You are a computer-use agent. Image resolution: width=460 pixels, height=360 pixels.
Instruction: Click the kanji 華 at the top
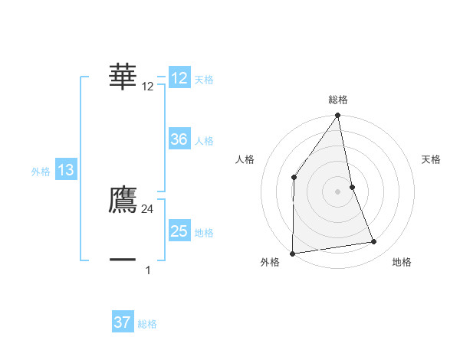click(123, 77)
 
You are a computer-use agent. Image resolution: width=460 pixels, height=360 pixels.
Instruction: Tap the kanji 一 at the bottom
click(123, 260)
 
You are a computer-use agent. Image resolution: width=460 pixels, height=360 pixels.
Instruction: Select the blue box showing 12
click(179, 78)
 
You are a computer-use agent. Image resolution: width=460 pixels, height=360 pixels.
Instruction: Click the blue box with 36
click(179, 139)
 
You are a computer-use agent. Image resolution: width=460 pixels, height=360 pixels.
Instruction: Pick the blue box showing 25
click(179, 231)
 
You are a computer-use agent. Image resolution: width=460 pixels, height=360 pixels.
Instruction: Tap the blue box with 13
click(66, 170)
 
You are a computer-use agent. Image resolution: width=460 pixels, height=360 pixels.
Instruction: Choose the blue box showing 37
click(123, 322)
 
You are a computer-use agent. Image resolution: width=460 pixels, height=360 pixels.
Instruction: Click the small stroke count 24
click(148, 208)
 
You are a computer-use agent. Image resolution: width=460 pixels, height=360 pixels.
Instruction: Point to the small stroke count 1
click(148, 270)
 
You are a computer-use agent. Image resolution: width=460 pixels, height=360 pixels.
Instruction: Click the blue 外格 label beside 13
click(41, 172)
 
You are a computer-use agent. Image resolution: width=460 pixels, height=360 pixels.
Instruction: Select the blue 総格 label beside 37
click(147, 324)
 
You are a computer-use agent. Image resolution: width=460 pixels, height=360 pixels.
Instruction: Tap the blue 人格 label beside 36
click(204, 141)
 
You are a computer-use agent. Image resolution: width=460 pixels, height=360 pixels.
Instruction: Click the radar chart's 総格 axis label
click(338, 100)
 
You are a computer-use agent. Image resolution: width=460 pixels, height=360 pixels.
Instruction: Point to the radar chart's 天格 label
click(432, 159)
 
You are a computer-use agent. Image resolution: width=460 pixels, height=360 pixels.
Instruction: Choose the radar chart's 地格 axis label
click(402, 262)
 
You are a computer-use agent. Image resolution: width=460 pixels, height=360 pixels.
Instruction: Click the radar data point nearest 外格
click(293, 253)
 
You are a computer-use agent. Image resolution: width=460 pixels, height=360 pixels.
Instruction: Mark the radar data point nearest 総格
click(338, 116)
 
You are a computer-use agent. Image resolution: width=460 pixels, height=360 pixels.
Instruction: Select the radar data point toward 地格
click(374, 242)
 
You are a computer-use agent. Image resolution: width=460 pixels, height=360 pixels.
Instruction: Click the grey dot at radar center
click(338, 191)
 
